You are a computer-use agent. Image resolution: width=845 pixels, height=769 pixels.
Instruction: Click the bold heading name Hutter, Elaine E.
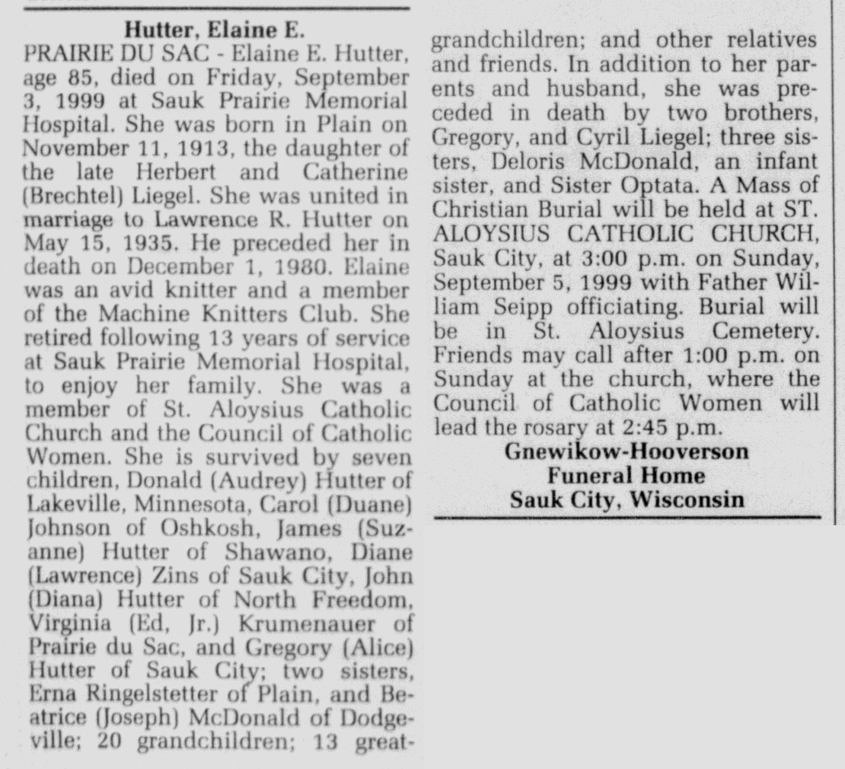tap(214, 30)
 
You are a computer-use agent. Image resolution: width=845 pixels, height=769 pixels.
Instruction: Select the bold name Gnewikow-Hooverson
tap(627, 451)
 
